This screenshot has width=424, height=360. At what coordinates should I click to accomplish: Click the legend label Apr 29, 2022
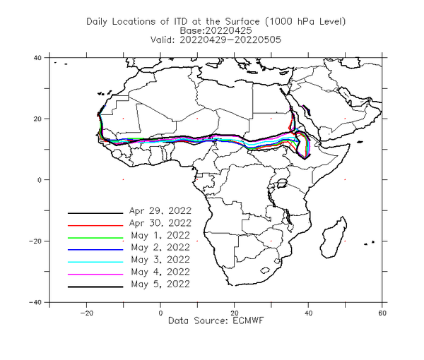(x=160, y=210)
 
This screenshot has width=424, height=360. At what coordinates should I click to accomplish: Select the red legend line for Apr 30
(x=95, y=225)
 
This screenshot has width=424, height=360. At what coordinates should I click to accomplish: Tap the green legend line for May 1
(x=95, y=238)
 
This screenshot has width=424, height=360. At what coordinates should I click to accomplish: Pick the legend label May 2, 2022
(x=160, y=247)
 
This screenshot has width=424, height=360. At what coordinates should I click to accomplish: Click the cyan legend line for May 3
(x=95, y=262)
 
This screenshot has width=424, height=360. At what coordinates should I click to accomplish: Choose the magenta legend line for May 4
(x=95, y=275)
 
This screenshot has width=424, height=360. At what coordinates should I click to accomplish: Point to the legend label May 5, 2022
(x=160, y=284)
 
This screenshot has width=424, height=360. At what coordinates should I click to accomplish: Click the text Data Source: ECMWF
(x=216, y=320)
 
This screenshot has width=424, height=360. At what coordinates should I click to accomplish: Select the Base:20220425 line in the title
(x=216, y=30)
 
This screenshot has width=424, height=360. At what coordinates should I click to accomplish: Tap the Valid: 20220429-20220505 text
(x=216, y=40)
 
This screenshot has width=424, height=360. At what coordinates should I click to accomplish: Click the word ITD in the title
(x=181, y=21)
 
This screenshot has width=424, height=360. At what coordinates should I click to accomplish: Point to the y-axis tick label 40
(x=38, y=58)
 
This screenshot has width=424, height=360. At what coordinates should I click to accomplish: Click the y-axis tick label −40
(x=35, y=303)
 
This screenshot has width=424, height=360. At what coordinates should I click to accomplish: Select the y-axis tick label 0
(x=40, y=180)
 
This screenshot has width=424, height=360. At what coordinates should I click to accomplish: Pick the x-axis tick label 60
(x=382, y=313)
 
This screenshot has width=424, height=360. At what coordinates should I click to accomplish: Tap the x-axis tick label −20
(x=86, y=313)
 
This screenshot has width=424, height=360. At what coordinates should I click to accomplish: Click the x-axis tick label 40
(x=308, y=313)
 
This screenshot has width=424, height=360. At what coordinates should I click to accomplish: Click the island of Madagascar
(x=333, y=238)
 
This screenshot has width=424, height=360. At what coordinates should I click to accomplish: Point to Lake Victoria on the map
(x=282, y=184)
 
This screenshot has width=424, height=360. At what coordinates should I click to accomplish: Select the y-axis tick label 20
(x=38, y=119)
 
